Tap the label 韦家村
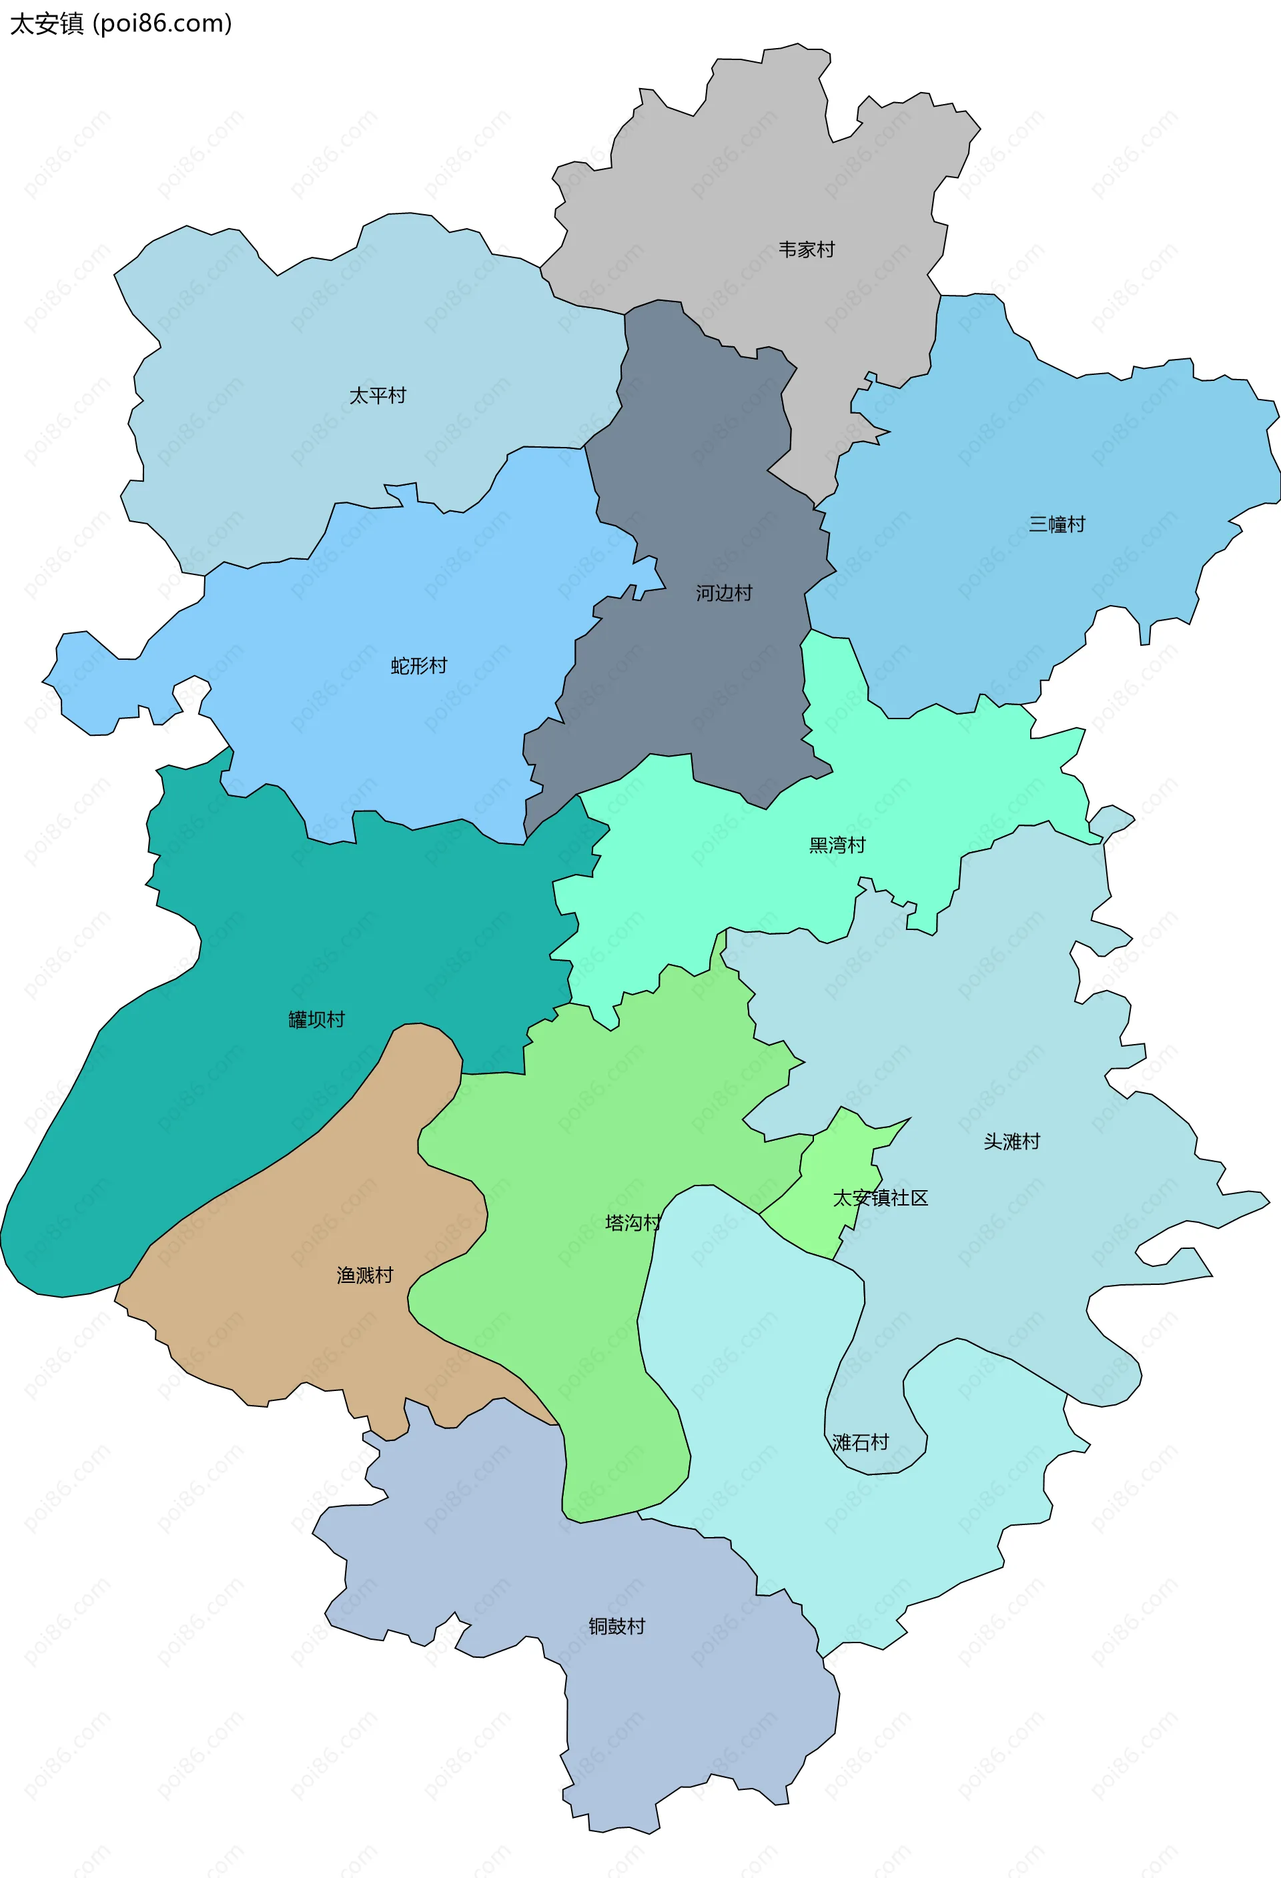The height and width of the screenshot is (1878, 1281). tap(806, 250)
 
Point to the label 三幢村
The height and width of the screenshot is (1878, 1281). tap(1056, 524)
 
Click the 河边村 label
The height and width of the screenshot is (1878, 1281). tap(724, 593)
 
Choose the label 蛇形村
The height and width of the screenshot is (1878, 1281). tap(418, 666)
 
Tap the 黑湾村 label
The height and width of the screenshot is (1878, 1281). tap(837, 845)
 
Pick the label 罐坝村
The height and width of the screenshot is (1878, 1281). tap(317, 1020)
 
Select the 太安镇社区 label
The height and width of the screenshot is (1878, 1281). tap(880, 1198)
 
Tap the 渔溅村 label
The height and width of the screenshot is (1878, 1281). tap(364, 1275)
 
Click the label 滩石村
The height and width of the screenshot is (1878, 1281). tap(860, 1442)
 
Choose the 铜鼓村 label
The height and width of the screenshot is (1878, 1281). tap(616, 1626)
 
